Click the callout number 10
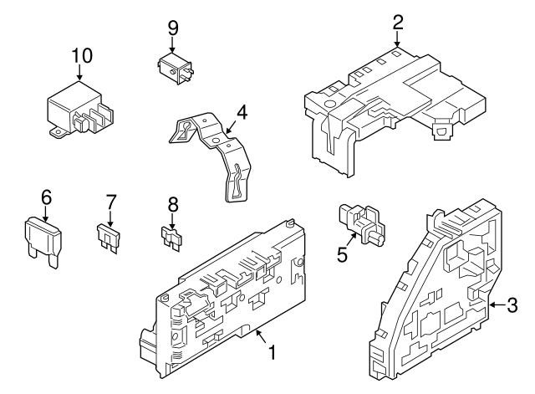point(82,55)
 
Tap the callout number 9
point(173,28)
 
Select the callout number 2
point(398,23)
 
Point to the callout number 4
point(242,112)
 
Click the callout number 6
point(46,197)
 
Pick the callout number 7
point(111,202)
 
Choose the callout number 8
point(173,205)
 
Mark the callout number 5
point(342,254)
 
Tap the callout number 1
point(272,352)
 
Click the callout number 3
point(512,305)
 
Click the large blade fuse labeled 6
point(43,242)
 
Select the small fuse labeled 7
point(109,238)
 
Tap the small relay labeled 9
point(175,68)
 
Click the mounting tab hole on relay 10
point(59,131)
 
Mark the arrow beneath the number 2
point(397,38)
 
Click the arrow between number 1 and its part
point(261,336)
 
